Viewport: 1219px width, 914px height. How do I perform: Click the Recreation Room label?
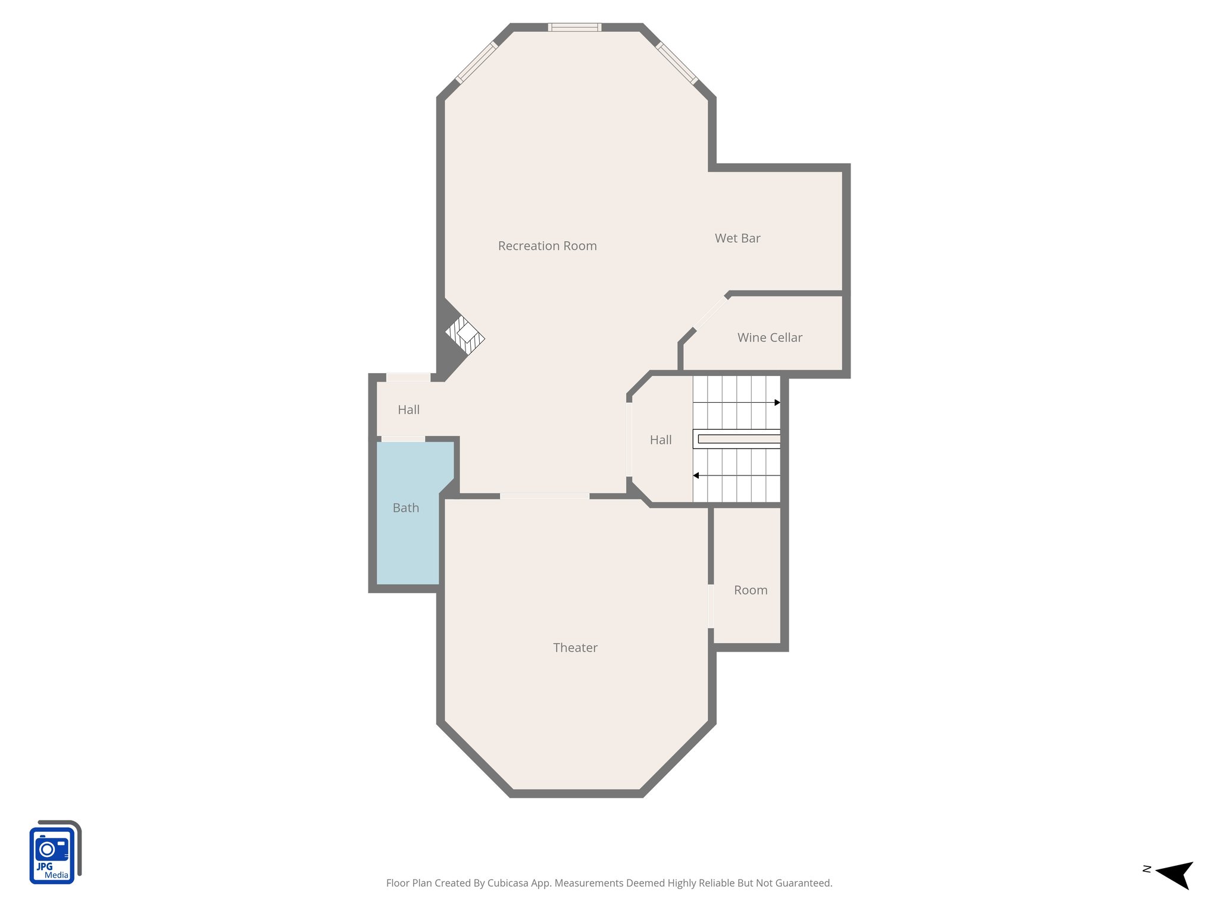[547, 246]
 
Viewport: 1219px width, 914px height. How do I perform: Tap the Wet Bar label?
[737, 238]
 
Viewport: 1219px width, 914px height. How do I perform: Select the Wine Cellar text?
[770, 337]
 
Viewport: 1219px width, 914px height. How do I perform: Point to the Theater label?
[575, 647]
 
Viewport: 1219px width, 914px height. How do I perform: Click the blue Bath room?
[407, 524]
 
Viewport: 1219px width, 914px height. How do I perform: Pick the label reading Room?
[751, 590]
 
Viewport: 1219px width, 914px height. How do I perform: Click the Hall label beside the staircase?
[661, 440]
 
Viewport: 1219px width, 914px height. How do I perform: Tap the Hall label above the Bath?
[408, 409]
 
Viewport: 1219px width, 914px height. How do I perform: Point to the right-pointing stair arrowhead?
[777, 403]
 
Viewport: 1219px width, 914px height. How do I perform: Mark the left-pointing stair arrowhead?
[696, 475]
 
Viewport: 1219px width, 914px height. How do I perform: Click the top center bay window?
[574, 27]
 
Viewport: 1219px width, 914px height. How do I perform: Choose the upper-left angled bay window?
[476, 62]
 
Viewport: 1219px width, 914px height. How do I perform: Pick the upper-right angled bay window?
[677, 62]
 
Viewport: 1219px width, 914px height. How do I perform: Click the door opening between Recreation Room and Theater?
[545, 496]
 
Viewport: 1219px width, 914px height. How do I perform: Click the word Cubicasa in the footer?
[508, 883]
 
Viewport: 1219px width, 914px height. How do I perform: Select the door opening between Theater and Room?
[711, 606]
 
